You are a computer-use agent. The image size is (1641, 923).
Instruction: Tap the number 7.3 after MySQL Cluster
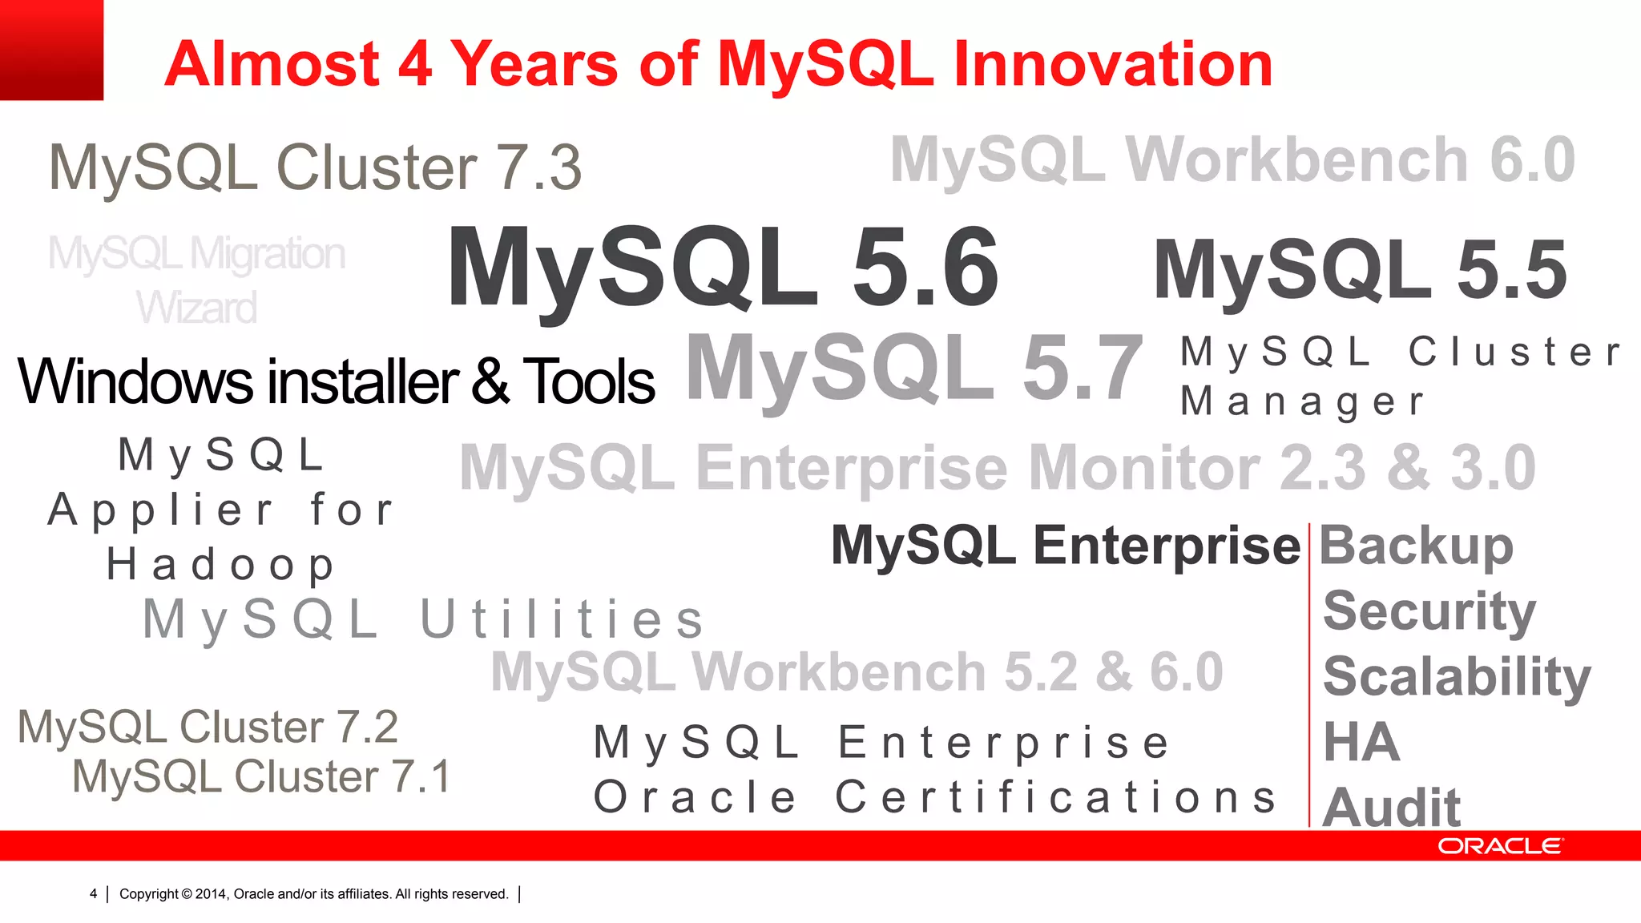539,168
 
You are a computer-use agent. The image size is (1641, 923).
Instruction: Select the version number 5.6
925,268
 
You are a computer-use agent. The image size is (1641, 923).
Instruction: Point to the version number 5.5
1511,271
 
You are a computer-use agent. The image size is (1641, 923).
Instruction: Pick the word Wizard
196,308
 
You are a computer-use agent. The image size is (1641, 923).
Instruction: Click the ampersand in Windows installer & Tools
490,381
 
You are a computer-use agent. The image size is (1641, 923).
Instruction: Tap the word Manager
1303,401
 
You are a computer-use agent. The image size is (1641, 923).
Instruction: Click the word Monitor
1144,468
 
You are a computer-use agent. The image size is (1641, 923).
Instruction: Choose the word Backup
1416,546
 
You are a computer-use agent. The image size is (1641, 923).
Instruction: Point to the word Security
1429,612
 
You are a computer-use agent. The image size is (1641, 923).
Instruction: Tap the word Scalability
1457,678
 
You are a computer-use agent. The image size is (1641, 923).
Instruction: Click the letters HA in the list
1361,742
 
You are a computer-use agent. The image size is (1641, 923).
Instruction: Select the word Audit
1392,806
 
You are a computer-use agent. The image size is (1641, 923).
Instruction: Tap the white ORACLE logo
1500,846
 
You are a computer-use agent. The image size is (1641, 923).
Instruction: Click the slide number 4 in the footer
94,894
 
